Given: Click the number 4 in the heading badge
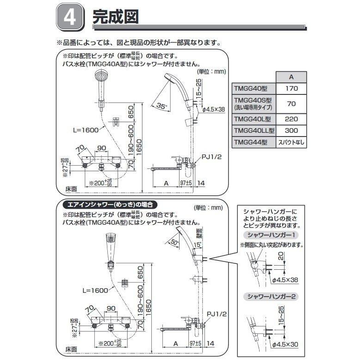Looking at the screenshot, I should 70,19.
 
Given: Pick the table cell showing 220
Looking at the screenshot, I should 290,118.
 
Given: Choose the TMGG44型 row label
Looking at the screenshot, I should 251,143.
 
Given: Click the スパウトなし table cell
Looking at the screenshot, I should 291,143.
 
